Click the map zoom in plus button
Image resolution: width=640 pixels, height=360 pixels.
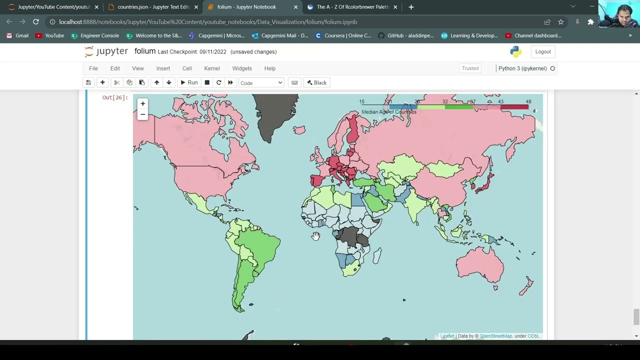tap(142, 104)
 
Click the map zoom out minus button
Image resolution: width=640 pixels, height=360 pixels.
tap(142, 114)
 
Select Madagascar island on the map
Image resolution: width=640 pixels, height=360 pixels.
tap(376, 256)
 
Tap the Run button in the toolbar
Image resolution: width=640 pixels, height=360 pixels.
tap(189, 82)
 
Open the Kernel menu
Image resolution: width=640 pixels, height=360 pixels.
tap(211, 68)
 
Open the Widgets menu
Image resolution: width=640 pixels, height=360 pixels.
tap(242, 68)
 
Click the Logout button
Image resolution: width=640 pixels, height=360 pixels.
tap(542, 51)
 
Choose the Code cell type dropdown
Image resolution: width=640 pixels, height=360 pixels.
tap(261, 82)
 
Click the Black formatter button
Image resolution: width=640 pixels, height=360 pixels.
tap(316, 82)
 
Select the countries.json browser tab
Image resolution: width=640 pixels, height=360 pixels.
tap(153, 7)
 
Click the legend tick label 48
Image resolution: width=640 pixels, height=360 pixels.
tap(528, 101)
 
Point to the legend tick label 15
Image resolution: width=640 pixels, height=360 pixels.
tap(361, 101)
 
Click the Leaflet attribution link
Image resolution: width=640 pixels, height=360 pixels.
tap(447, 336)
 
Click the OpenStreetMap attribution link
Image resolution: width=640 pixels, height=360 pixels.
tap(495, 336)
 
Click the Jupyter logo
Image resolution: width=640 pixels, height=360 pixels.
tap(106, 51)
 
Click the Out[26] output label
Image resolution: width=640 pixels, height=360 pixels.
tap(115, 97)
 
